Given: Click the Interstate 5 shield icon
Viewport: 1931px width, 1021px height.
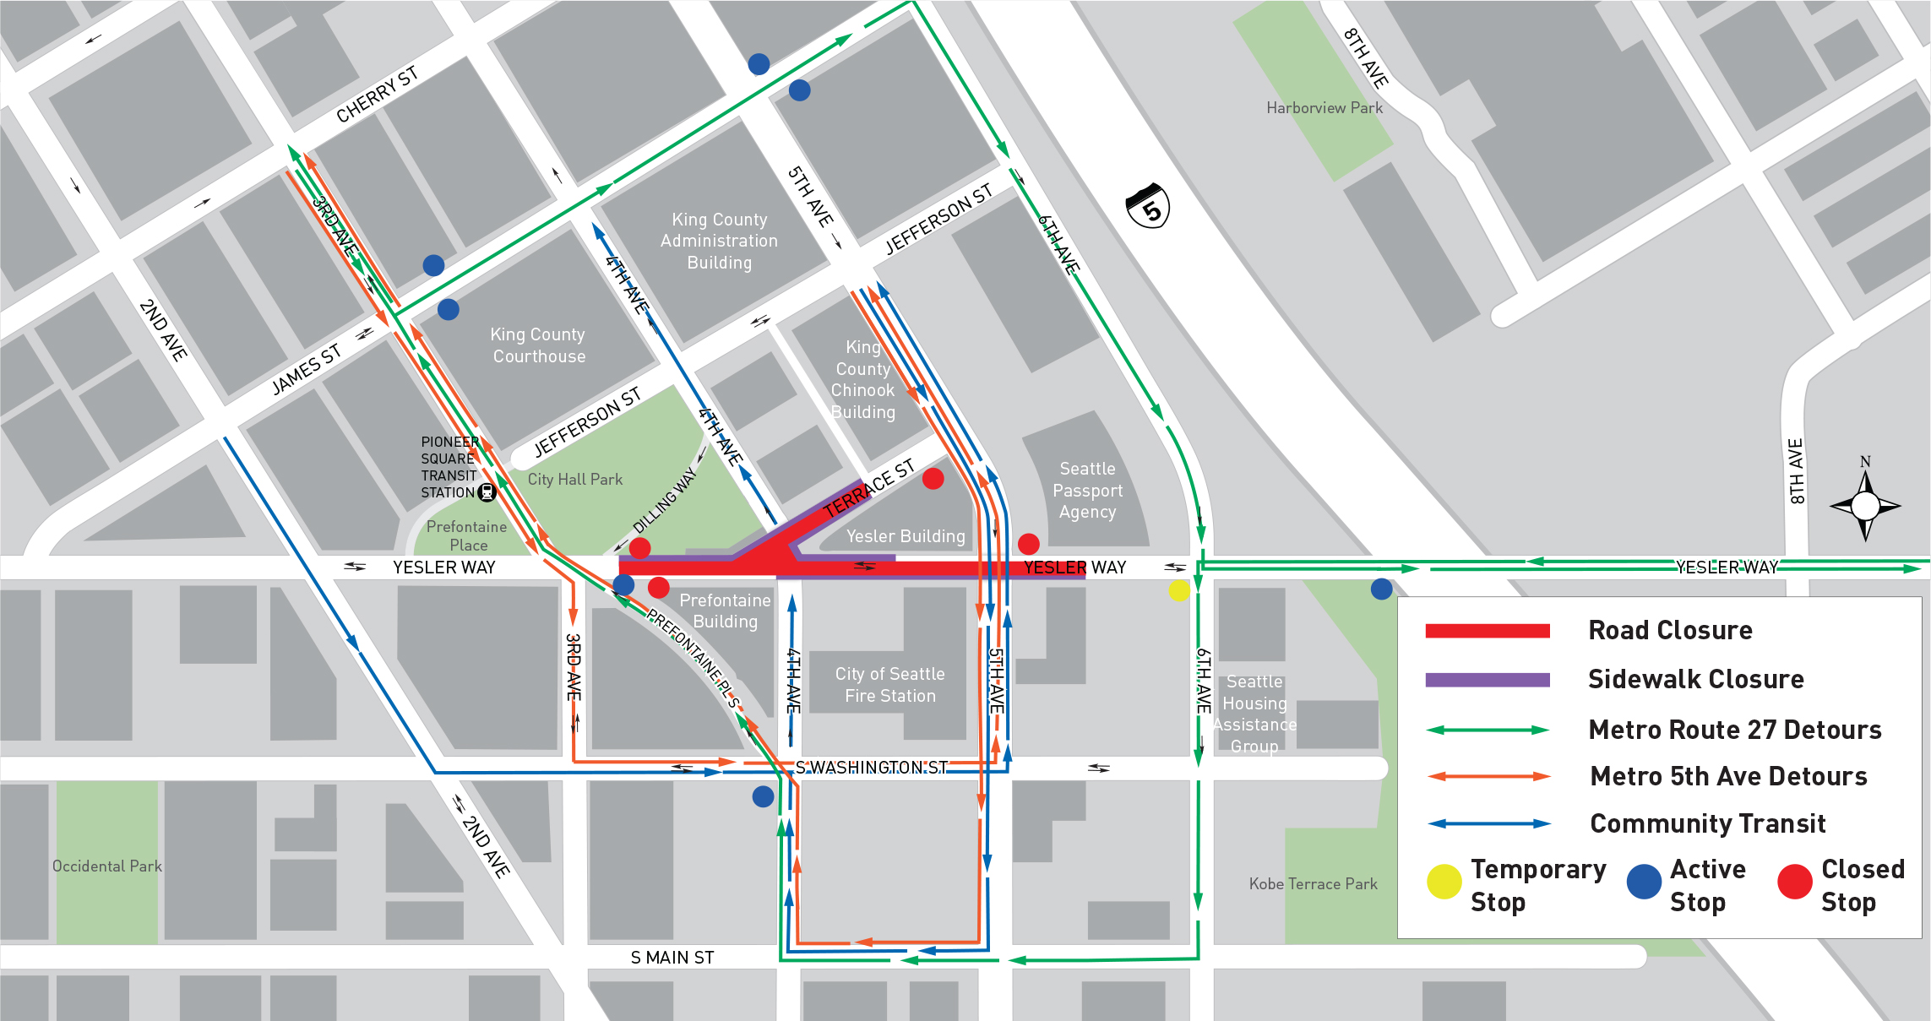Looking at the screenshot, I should (1148, 205).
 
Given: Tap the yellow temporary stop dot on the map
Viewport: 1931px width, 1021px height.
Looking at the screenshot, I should (1179, 590).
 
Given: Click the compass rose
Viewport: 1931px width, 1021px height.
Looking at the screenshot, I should (1865, 506).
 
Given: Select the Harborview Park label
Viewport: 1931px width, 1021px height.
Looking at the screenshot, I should (1324, 108).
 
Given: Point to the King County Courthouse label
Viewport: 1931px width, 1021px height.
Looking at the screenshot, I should (538, 345).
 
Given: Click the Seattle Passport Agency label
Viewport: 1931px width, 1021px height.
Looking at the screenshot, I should (1088, 491).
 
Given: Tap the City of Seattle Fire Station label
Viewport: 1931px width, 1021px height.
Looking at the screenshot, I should (890, 685).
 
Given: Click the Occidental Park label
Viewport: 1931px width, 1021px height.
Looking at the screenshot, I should (106, 866).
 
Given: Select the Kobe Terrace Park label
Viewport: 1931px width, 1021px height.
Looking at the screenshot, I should (1313, 884).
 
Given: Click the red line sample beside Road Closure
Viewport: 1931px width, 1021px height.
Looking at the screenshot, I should (1487, 631).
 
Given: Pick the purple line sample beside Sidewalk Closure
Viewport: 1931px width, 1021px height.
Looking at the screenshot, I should (1487, 680).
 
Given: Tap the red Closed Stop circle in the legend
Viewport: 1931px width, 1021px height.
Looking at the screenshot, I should (1794, 882).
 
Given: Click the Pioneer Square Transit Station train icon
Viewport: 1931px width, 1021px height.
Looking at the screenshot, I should (487, 492).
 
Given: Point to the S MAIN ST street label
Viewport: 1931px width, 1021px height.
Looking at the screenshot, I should (672, 958).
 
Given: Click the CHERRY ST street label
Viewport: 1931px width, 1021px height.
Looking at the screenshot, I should (377, 95).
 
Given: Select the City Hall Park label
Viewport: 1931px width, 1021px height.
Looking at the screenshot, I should (575, 480).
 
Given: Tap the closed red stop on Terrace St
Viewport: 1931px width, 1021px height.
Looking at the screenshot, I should (933, 479).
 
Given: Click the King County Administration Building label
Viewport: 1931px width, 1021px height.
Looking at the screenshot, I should (719, 241).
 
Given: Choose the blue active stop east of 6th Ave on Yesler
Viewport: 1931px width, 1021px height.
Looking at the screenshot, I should (1381, 589).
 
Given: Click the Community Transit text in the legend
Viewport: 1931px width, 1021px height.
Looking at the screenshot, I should (1707, 823).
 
